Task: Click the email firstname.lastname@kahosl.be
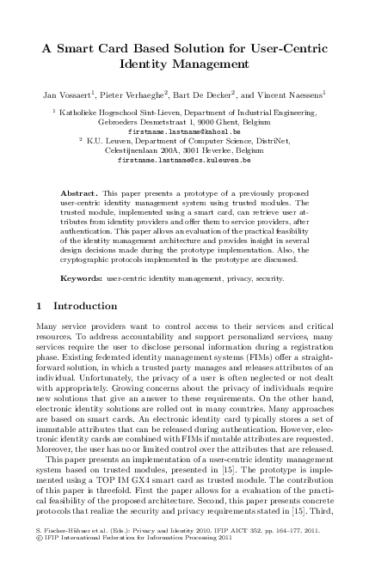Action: [x=184, y=131]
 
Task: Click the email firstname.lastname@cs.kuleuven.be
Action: [x=184, y=160]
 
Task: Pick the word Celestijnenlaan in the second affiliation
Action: [x=132, y=150]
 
